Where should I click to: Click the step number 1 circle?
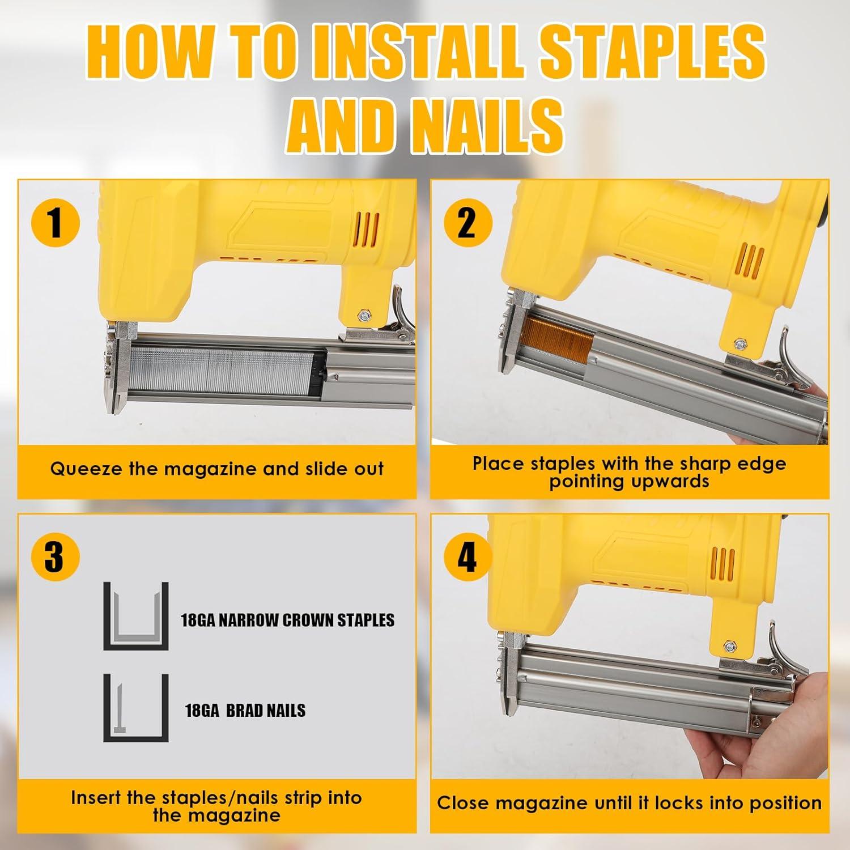pos(55,223)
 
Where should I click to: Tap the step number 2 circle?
pos(466,223)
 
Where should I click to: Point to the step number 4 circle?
pos(466,557)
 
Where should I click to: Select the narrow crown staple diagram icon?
pos(136,616)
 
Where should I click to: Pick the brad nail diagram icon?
pos(136,708)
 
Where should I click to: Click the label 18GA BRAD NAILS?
pos(245,711)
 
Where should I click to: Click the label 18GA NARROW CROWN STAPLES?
pos(287,619)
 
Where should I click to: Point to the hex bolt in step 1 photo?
pos(361,314)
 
